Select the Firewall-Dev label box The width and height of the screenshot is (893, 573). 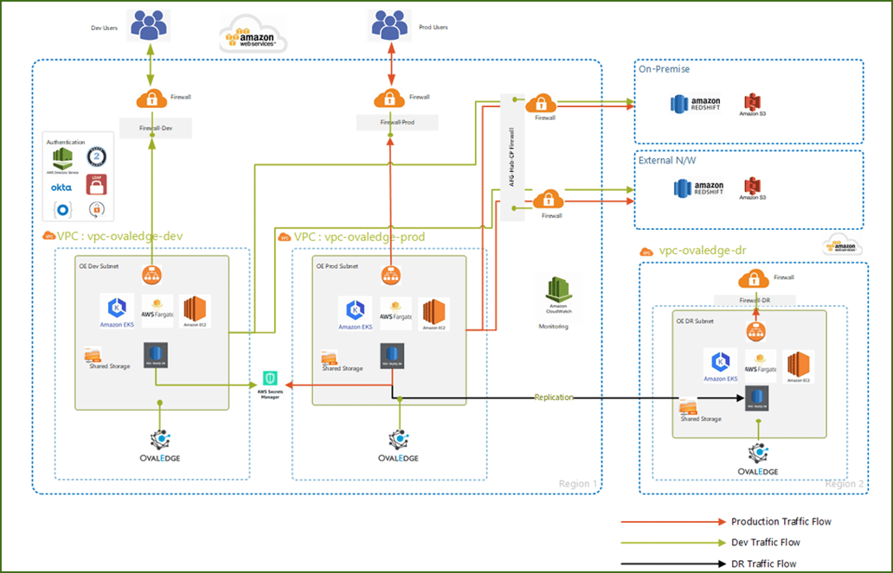point(152,128)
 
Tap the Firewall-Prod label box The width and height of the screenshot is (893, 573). point(397,123)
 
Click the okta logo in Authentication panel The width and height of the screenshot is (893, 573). point(61,187)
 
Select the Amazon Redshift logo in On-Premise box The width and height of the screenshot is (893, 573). point(697,105)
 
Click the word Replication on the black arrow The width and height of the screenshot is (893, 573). point(554,398)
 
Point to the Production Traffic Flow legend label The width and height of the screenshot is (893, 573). point(781,521)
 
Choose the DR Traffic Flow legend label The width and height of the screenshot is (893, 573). point(763,563)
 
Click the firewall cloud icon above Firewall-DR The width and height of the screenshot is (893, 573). point(755,279)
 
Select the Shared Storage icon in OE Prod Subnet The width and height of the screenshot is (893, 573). point(329,358)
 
